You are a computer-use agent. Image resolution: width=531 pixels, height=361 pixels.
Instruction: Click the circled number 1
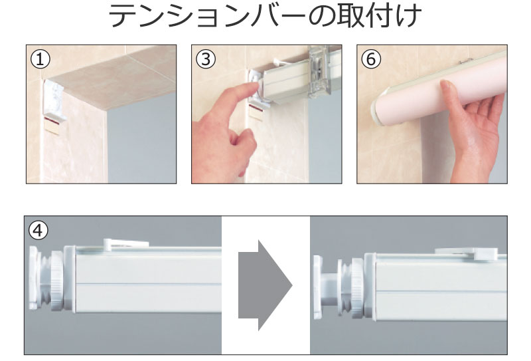[x=40, y=59]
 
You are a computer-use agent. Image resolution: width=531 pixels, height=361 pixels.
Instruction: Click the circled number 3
[x=206, y=59]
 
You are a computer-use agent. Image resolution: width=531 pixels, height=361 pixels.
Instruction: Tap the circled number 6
[x=371, y=59]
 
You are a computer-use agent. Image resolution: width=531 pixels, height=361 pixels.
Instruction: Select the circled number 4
[x=38, y=231]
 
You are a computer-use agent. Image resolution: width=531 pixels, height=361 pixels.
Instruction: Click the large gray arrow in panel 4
[x=265, y=285]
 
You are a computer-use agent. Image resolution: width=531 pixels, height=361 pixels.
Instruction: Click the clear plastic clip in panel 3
[x=319, y=72]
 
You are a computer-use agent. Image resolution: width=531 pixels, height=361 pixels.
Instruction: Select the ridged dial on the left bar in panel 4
[x=56, y=280]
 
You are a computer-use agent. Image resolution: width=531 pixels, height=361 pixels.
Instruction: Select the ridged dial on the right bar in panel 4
[x=356, y=289]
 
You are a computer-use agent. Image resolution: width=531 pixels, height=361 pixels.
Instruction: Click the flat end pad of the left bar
[x=33, y=277]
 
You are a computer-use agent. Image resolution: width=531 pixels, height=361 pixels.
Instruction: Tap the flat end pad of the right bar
[x=318, y=287]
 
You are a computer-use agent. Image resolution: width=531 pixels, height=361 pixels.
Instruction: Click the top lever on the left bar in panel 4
[x=125, y=243]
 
